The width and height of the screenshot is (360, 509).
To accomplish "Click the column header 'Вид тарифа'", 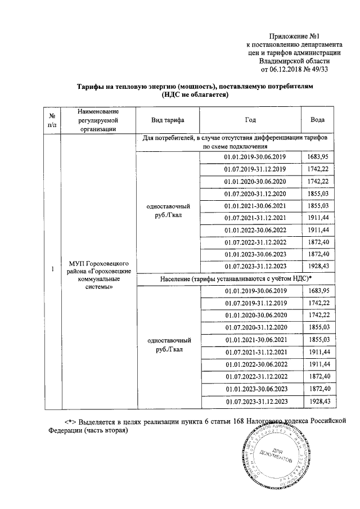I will point(168,120).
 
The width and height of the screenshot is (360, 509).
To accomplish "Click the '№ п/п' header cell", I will point(52,120).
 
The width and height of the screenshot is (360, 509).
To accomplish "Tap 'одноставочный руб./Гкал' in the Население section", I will point(168,345).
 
